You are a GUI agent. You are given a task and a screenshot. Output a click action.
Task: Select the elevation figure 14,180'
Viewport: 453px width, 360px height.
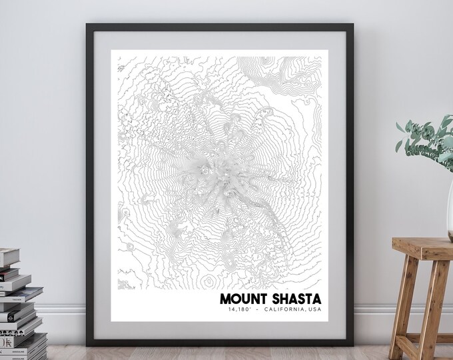[x=238, y=311]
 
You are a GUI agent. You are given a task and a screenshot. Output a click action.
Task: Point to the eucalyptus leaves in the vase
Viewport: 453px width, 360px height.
[x=426, y=137]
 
